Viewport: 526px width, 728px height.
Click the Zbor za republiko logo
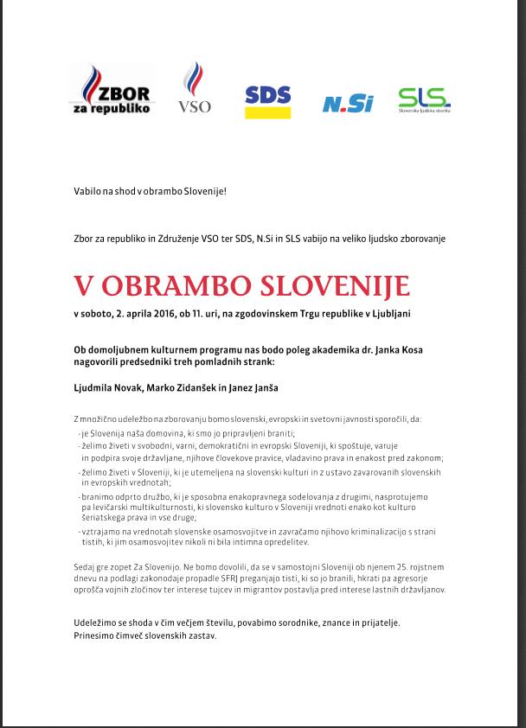tap(112, 90)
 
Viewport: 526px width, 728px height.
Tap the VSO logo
tap(194, 88)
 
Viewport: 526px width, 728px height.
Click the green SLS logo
tap(424, 100)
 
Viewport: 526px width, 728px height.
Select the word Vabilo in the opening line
tap(87, 189)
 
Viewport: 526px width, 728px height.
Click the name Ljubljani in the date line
tap(390, 312)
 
